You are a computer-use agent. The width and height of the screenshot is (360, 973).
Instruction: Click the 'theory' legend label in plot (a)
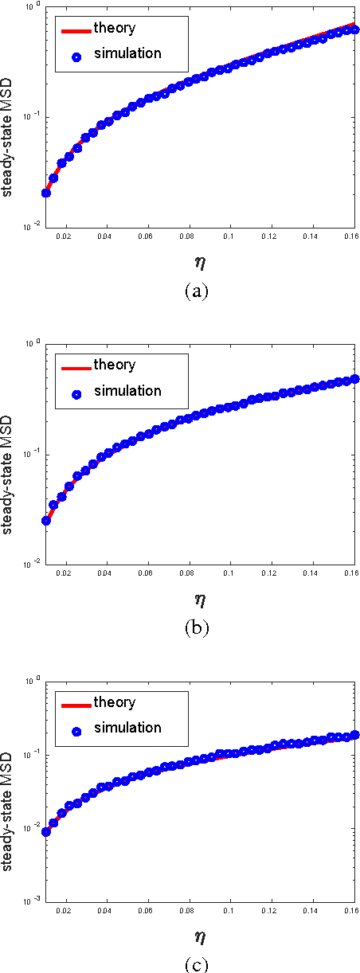(x=114, y=29)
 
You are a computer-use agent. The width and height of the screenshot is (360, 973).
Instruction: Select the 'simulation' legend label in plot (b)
(x=127, y=391)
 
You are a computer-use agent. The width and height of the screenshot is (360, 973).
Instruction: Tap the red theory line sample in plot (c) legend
(x=75, y=704)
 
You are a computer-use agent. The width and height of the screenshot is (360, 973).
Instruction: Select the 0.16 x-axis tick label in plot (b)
(x=350, y=574)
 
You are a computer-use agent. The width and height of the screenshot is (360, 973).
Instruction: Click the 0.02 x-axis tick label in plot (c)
(x=64, y=911)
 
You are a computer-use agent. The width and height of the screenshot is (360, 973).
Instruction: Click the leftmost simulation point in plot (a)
(x=45, y=193)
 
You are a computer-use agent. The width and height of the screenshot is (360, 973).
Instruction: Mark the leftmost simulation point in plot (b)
(x=45, y=521)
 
